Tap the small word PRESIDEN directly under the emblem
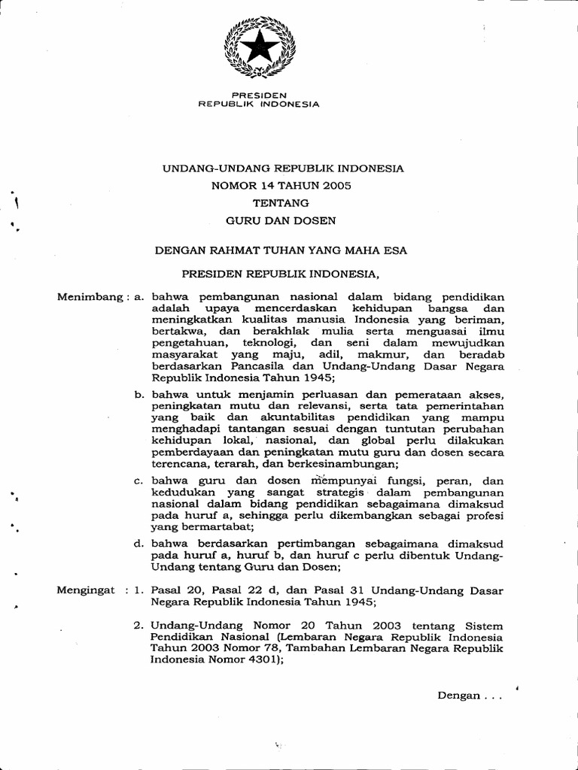pos(259,95)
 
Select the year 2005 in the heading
pos(336,185)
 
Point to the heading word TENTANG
pos(284,202)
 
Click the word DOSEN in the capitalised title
pos(316,220)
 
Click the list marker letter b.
pos(138,394)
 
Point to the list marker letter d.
pos(138,544)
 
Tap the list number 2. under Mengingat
pos(139,626)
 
